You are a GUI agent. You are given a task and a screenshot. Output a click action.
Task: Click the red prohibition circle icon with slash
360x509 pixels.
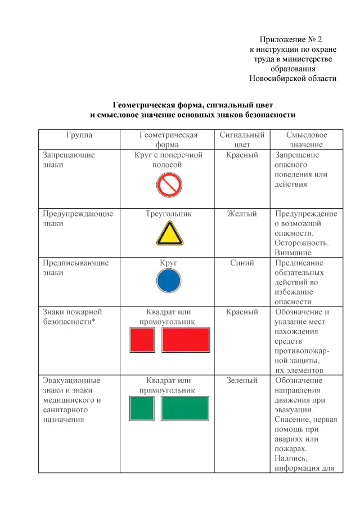point(168,184)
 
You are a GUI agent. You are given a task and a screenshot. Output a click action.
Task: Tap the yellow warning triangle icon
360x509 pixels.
point(168,233)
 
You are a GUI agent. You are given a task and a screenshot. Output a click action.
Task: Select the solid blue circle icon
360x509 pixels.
point(168,280)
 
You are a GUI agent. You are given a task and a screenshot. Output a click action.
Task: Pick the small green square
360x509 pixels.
point(142,408)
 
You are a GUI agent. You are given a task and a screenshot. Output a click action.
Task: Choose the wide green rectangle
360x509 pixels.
point(185,408)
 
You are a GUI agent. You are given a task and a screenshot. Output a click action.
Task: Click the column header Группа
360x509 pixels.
point(79,135)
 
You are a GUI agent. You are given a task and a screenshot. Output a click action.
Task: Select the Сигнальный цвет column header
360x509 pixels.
point(242,139)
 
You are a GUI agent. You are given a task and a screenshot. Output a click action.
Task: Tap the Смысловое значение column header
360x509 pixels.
point(307,139)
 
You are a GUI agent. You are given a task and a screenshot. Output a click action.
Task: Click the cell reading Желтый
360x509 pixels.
point(242,214)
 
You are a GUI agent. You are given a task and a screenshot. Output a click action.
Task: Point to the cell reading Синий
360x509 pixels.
point(242,263)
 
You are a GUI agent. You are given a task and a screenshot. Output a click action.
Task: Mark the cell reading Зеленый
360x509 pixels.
point(242,381)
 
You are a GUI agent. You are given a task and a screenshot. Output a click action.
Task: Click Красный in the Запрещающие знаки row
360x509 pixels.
point(242,155)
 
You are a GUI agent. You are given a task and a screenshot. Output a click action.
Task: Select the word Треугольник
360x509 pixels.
point(168,214)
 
